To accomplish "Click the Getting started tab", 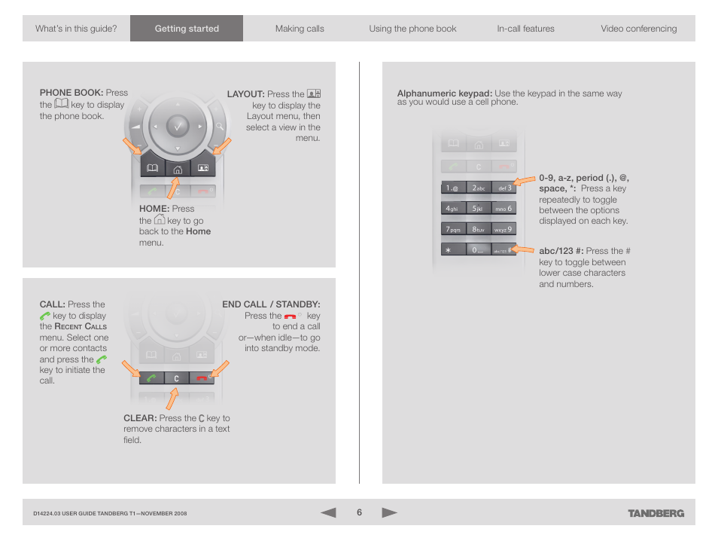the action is (x=187, y=29).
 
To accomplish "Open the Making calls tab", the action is (x=300, y=29).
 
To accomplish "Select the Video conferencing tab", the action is (x=638, y=29).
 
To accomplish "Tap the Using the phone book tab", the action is (x=412, y=29).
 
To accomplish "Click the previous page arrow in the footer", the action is (x=328, y=512).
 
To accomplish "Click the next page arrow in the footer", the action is (x=389, y=512).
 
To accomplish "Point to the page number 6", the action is (x=360, y=512).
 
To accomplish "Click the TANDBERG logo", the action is (x=656, y=513).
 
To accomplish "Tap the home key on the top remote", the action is (x=178, y=170).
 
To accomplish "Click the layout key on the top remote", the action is (x=203, y=168).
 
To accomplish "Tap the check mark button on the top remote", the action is (x=178, y=126).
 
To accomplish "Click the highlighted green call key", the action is (x=151, y=377).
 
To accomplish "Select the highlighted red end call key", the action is (x=202, y=377).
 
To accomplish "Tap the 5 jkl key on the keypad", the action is (x=478, y=209).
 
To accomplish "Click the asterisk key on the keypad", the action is (x=453, y=250).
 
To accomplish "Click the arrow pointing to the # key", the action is (x=522, y=249).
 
